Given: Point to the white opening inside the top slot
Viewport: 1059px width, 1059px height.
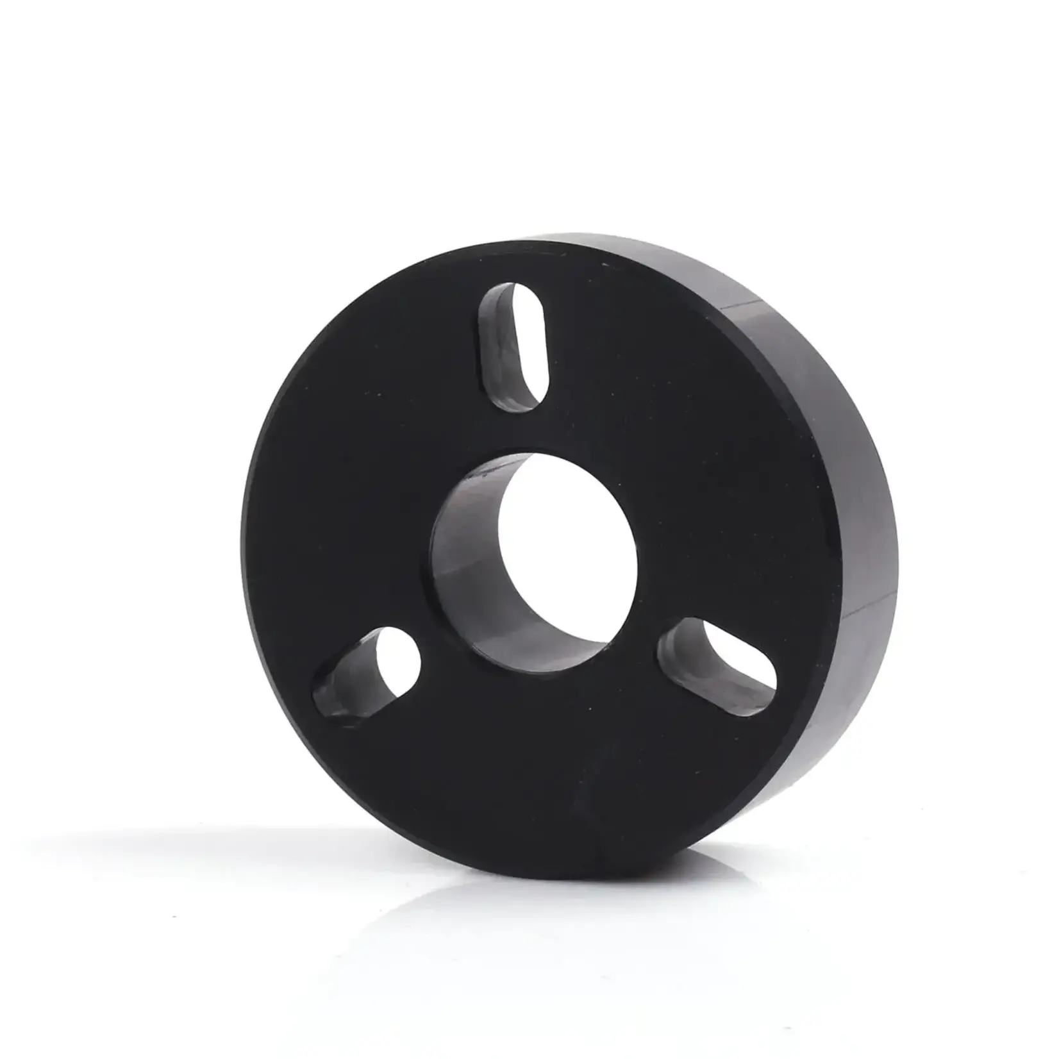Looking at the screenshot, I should pos(529,346).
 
